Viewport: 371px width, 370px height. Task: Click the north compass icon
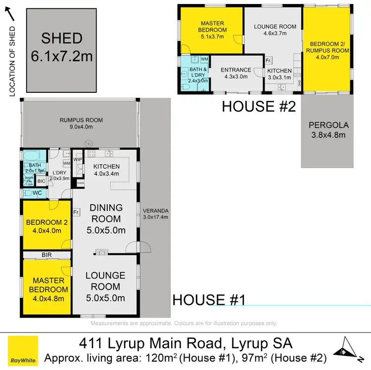click(x=348, y=348)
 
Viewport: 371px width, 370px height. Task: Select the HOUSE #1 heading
click(x=208, y=300)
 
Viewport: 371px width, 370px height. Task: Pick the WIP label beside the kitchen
click(x=78, y=159)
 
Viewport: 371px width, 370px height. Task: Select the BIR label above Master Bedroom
click(x=46, y=254)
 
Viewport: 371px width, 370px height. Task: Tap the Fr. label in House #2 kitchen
click(x=269, y=61)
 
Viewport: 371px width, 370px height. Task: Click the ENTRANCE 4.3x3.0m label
click(x=235, y=73)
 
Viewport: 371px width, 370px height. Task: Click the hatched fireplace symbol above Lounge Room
click(x=101, y=252)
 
